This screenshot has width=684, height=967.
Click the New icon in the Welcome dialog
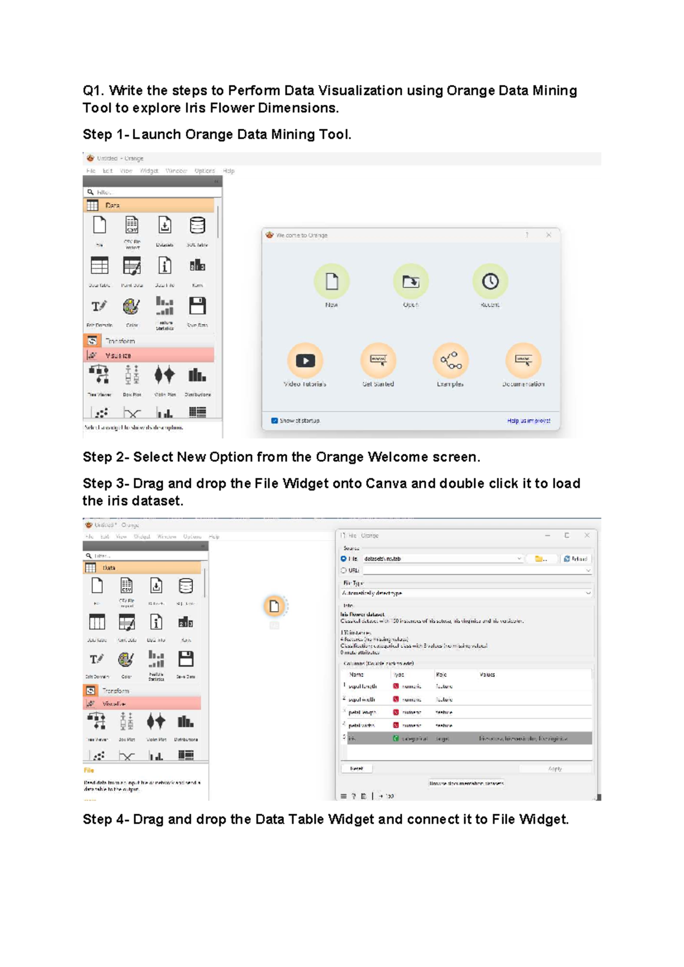pos(332,281)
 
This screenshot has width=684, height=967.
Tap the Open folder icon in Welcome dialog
pos(410,281)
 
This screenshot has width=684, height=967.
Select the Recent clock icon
pos(490,281)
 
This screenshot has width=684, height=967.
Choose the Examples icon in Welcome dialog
pos(450,360)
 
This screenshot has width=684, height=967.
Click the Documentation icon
pos(523,360)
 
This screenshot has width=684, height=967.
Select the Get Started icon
pos(378,360)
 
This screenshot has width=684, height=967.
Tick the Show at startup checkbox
pos(275,421)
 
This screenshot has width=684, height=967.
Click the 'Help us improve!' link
pos(528,421)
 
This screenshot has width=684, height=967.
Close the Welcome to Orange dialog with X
pos(548,235)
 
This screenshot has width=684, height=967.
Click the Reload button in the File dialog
pos(575,559)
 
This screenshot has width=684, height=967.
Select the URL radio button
pos(344,570)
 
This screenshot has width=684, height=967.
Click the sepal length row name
pos(363,686)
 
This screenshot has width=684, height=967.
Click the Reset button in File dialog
pos(357,769)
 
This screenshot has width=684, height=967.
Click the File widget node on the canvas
pos(274,606)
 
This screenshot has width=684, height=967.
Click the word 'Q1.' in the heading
pos(93,91)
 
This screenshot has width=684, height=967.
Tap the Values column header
pos(487,675)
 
